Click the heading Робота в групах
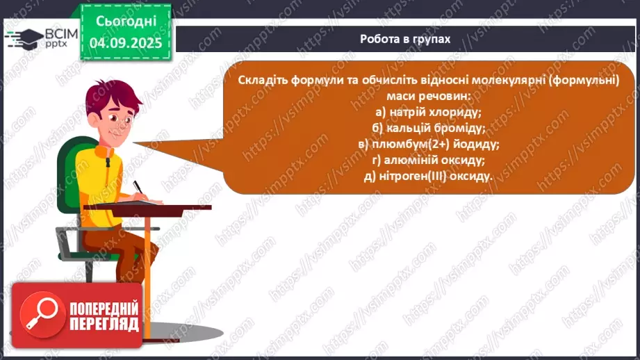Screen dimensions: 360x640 pos(405,39)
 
